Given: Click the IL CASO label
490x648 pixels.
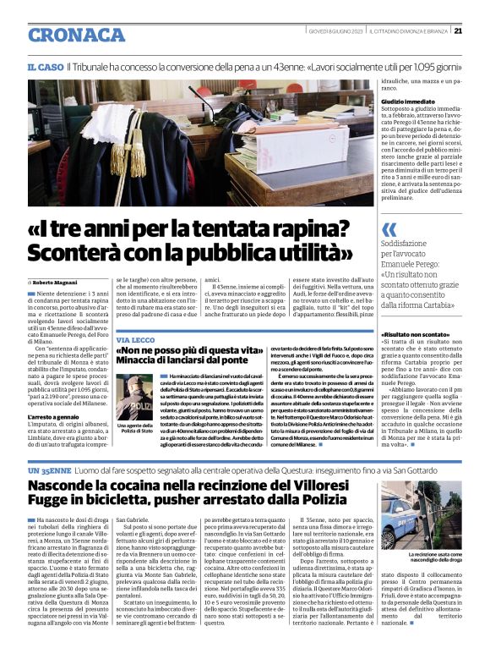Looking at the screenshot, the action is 45,66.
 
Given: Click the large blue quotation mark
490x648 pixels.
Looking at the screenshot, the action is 389,229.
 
